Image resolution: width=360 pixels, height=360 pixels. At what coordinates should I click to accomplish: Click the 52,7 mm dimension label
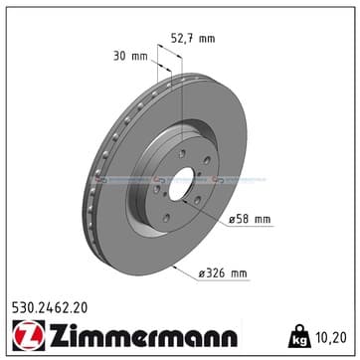193,39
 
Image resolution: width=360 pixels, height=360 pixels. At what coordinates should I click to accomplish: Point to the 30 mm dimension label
130,56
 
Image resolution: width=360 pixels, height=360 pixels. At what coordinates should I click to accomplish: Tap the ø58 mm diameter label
250,219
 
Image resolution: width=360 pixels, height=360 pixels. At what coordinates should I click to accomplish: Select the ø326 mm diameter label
223,273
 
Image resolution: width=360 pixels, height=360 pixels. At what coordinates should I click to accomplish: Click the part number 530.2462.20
50,308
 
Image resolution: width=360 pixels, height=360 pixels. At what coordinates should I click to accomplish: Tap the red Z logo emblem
29,335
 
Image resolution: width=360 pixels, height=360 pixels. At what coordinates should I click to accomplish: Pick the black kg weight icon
299,336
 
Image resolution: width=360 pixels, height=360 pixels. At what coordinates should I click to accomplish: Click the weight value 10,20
330,337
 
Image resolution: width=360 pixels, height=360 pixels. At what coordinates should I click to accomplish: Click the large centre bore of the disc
181,184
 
